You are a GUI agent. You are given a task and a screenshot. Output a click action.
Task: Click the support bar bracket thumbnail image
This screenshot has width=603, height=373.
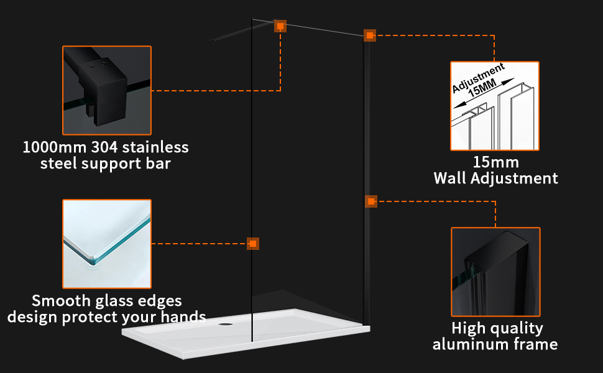tap(106, 90)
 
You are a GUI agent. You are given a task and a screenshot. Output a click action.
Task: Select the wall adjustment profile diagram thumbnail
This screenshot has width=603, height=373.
tap(495, 106)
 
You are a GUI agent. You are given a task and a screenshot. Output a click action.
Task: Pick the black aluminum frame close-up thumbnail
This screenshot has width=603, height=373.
tap(495, 272)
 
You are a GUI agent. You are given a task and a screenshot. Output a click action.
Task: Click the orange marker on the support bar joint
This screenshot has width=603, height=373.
tap(280, 26)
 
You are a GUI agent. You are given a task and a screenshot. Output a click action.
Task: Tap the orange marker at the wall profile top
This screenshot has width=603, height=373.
tap(370, 35)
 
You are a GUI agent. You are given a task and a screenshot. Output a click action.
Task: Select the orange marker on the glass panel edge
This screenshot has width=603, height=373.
tap(252, 244)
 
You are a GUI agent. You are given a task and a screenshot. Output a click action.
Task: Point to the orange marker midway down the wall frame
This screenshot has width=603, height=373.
tap(371, 201)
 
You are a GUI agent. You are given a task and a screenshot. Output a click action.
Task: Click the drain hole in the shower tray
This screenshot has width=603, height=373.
tap(226, 323)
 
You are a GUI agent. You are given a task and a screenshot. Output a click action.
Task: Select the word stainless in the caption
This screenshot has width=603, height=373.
tap(155, 148)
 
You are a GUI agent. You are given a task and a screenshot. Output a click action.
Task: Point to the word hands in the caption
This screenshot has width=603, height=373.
tap(185, 317)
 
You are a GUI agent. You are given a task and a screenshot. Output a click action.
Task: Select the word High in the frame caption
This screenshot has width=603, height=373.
tap(467, 328)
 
